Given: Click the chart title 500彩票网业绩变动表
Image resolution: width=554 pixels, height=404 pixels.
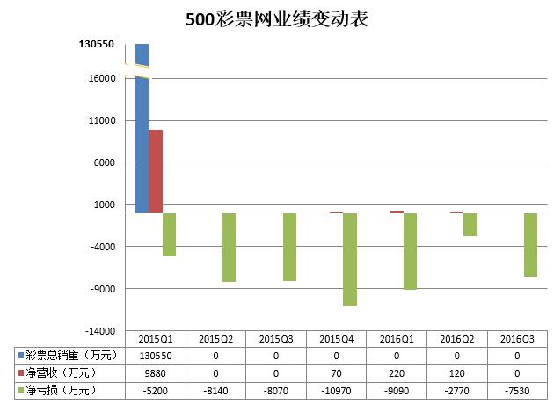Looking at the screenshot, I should [277, 19].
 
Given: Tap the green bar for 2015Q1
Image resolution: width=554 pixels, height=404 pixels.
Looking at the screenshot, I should [169, 234].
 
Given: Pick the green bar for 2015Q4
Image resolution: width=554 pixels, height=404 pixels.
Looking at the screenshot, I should [350, 259].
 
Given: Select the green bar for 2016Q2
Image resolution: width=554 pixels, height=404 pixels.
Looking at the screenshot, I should [470, 224].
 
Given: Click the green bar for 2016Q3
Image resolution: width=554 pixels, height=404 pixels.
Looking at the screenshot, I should [530, 245].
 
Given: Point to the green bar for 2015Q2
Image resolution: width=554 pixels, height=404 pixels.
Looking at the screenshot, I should [229, 247].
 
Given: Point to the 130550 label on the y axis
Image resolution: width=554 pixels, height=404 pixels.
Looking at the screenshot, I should [97, 45].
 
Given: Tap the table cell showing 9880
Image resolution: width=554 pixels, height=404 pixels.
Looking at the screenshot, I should [156, 372].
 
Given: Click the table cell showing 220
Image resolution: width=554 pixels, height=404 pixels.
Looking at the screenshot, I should [397, 372].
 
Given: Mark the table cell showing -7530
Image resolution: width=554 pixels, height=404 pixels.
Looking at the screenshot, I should [517, 389].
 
